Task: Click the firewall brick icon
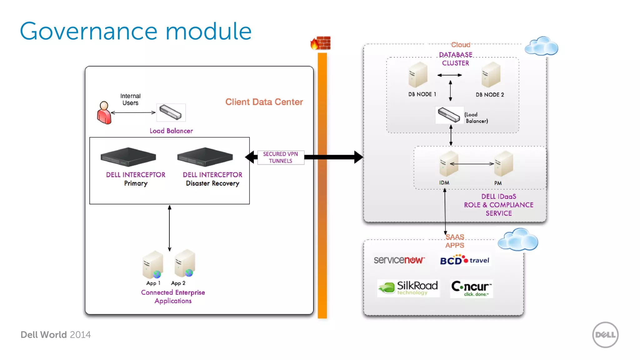tap(321, 43)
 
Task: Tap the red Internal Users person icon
tap(104, 113)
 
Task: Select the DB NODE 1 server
tap(418, 75)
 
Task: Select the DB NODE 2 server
tap(491, 75)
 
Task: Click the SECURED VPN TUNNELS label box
tap(280, 157)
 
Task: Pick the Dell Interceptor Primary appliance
tap(128, 157)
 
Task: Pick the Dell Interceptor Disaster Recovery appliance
tap(205, 157)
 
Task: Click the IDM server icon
tap(448, 164)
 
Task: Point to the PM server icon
tap(503, 164)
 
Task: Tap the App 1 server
tap(153, 265)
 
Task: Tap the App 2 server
tap(185, 263)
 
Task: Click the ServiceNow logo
tap(399, 260)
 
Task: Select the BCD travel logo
tap(465, 260)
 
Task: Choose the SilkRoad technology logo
tap(408, 288)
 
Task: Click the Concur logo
tap(471, 288)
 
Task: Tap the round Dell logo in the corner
tap(605, 335)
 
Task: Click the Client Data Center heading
tap(264, 102)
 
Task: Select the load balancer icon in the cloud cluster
tap(449, 115)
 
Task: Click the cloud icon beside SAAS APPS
tap(518, 240)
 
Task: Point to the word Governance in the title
tap(88, 31)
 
